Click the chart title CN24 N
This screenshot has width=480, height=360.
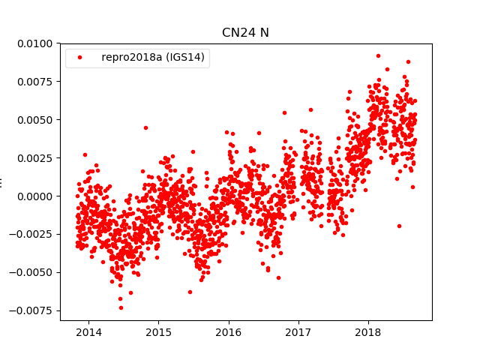pyautogui.click(x=245, y=32)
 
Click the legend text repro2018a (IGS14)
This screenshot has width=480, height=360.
pyautogui.click(x=153, y=58)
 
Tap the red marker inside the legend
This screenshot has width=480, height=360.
pyautogui.click(x=81, y=58)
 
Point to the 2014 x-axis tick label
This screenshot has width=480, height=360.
pyautogui.click(x=88, y=331)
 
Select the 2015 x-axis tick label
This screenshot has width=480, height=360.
pyautogui.click(x=158, y=331)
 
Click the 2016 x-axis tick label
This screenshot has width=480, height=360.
pyautogui.click(x=228, y=331)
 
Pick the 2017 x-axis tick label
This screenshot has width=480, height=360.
pyautogui.click(x=298, y=331)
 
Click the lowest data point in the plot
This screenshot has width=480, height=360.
pyautogui.click(x=121, y=307)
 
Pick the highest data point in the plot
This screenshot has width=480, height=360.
pyautogui.click(x=378, y=55)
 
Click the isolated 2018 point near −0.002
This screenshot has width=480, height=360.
pyautogui.click(x=399, y=226)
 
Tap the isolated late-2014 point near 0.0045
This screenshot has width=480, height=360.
pyautogui.click(x=145, y=127)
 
